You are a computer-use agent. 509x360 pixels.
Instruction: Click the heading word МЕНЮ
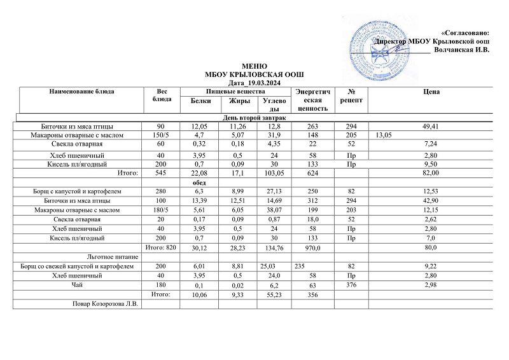(x=254, y=66)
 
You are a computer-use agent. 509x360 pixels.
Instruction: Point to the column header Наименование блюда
(x=82, y=92)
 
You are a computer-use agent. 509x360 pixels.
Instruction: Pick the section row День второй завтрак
(x=254, y=118)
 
